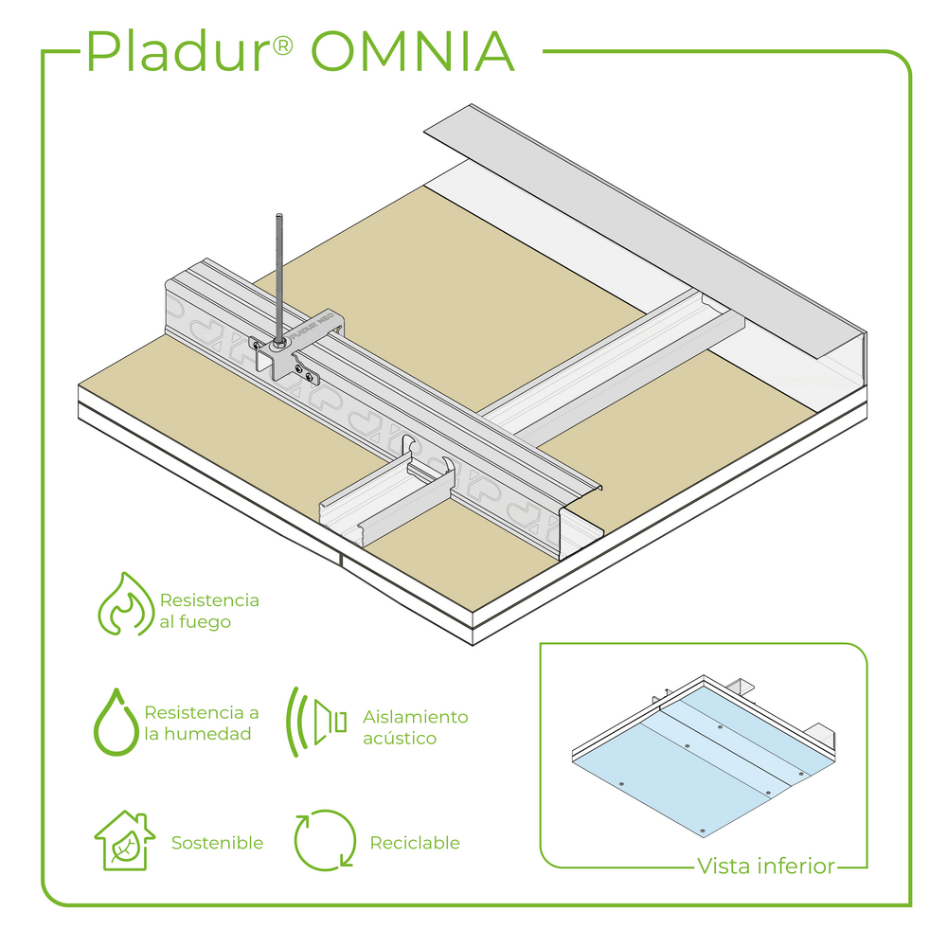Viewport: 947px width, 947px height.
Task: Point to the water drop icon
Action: [116, 722]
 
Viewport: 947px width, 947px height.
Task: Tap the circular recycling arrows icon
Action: [325, 840]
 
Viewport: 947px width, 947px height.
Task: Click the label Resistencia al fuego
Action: [208, 611]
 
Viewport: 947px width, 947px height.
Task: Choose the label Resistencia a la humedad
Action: [201, 724]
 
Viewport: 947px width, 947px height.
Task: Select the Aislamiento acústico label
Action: [415, 727]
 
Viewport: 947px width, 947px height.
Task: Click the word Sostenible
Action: [217, 843]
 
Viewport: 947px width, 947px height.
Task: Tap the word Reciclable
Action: [415, 843]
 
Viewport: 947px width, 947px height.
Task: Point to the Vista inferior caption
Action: [765, 866]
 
